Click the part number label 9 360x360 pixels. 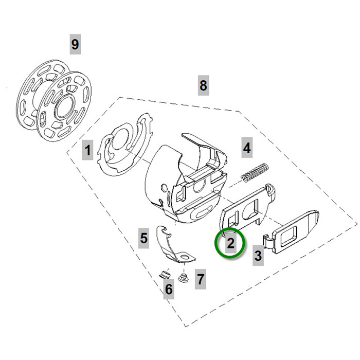coord(75,44)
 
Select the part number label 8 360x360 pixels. coord(203,85)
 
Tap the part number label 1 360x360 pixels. coord(88,151)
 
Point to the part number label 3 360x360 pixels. coord(258,255)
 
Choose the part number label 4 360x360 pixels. coord(247,148)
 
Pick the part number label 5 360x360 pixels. coord(144,238)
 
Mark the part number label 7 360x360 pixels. coord(201,280)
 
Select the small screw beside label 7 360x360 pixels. coord(182,279)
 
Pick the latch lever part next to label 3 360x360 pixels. coord(293,234)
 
